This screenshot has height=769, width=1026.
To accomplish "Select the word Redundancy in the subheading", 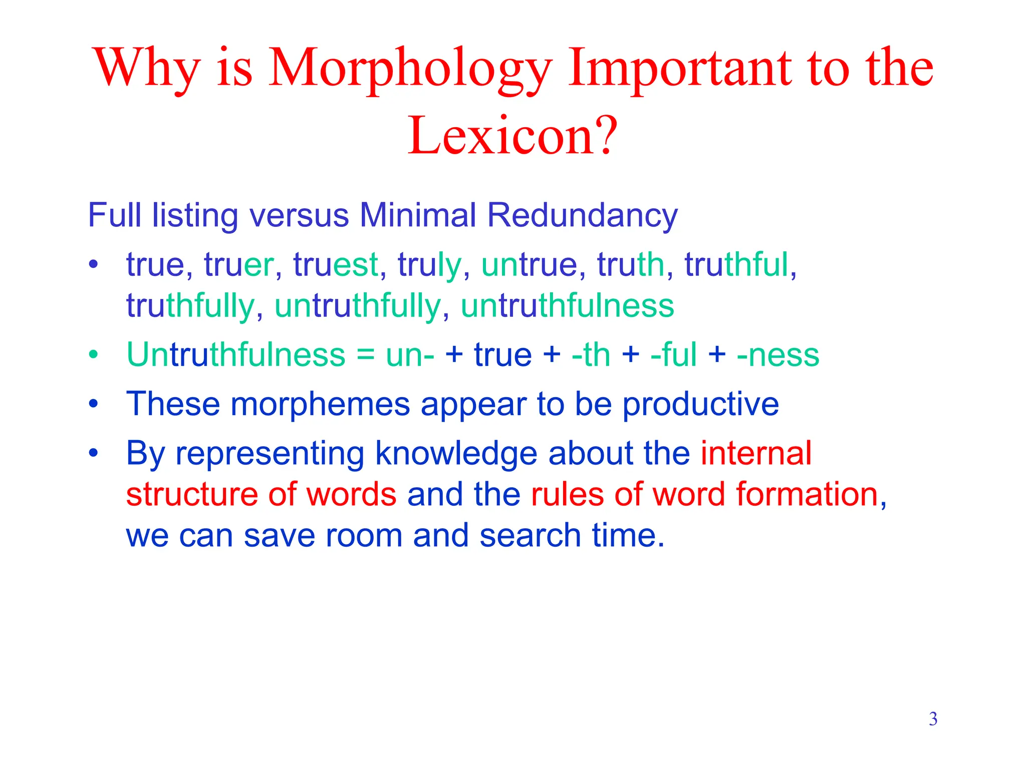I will pos(582,215).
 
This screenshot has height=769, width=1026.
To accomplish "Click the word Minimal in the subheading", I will pos(418,215).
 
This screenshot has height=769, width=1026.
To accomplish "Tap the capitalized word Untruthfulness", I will pos(235,354).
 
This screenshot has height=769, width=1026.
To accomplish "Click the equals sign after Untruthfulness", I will pos(366,354).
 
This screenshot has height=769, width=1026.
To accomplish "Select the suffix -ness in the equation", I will pos(778,354).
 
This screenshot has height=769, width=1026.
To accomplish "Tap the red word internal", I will pos(755,453).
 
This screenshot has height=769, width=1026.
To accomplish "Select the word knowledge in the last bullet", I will pos(456,453).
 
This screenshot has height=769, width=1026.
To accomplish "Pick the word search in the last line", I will pos(530,535).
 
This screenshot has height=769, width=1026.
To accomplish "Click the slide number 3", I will pos(933,719).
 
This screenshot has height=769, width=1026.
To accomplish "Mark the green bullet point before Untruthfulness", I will pos(93,354).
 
